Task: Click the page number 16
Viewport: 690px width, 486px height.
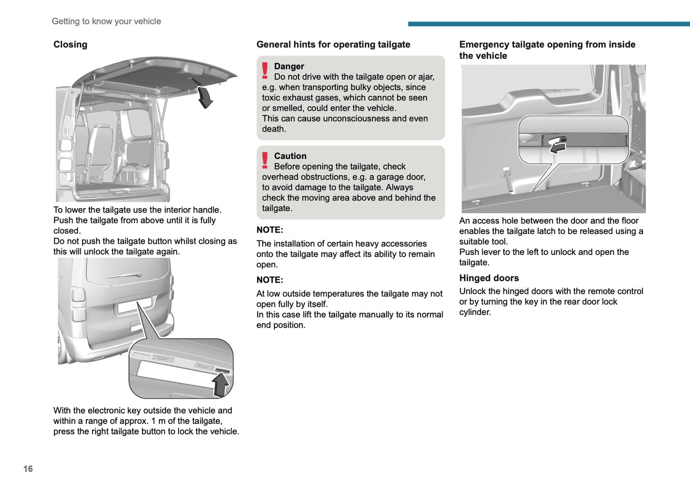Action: pyautogui.click(x=28, y=469)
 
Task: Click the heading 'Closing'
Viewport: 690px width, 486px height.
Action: pyautogui.click(x=70, y=44)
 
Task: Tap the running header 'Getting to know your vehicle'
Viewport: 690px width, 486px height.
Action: pyautogui.click(x=106, y=21)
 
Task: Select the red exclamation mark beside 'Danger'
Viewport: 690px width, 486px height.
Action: pyautogui.click(x=265, y=71)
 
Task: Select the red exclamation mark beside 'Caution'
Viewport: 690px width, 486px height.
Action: pyautogui.click(x=265, y=160)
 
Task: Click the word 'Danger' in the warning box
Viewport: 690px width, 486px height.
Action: pyautogui.click(x=289, y=66)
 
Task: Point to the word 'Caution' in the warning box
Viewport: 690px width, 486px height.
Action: pyautogui.click(x=290, y=156)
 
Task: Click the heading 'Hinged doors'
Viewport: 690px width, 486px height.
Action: pyautogui.click(x=489, y=278)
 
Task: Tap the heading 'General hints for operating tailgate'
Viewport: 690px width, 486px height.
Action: pyautogui.click(x=333, y=44)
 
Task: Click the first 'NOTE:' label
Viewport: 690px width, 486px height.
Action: pyautogui.click(x=270, y=230)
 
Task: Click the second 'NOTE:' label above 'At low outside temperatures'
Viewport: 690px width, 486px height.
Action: pyautogui.click(x=270, y=280)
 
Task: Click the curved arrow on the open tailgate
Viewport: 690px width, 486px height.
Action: pyautogui.click(x=205, y=97)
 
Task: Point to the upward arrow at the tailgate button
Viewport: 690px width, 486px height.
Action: pyautogui.click(x=221, y=385)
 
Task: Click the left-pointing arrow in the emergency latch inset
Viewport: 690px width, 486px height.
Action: pyautogui.click(x=558, y=148)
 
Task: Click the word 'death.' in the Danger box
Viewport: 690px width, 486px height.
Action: pyautogui.click(x=274, y=129)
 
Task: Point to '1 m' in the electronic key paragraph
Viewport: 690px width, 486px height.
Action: pyautogui.click(x=158, y=421)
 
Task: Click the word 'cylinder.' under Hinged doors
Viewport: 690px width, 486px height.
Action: pyautogui.click(x=475, y=312)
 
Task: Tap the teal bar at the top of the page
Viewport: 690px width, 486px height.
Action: pyautogui.click(x=549, y=24)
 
